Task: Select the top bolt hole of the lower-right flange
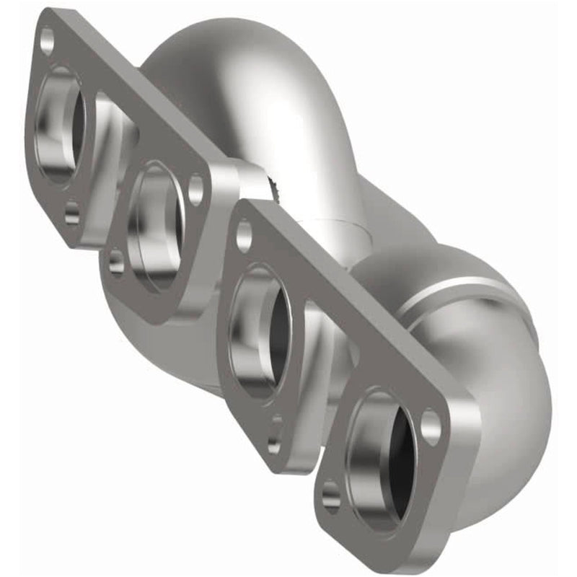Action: [244, 234]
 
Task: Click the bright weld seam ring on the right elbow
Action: [462, 289]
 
